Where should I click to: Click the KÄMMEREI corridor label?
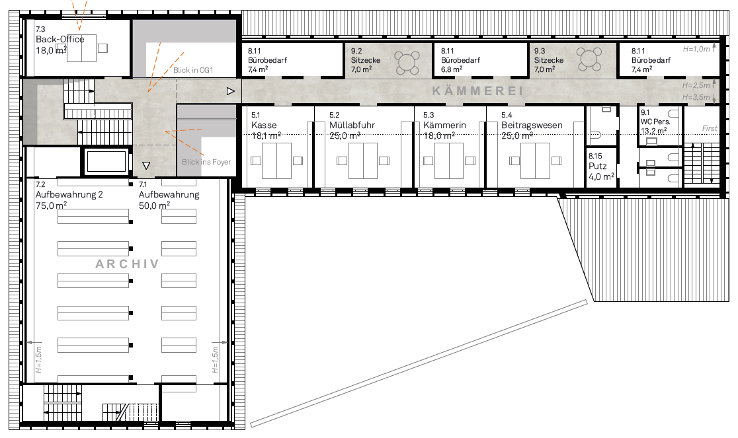pyautogui.click(x=477, y=91)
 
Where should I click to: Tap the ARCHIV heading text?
pyautogui.click(x=127, y=264)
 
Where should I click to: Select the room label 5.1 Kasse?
pyautogui.click(x=264, y=125)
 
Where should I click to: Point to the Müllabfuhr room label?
pyautogui.click(x=352, y=125)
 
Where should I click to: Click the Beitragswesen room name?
pyautogui.click(x=532, y=125)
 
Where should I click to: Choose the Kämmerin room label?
pyautogui.click(x=444, y=125)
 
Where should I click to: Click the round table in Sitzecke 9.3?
pyautogui.click(x=589, y=59)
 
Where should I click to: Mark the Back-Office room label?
pyautogui.click(x=60, y=40)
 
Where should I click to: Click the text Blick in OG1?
pyautogui.click(x=193, y=70)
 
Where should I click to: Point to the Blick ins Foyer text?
pyautogui.click(x=206, y=162)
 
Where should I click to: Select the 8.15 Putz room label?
pyautogui.click(x=601, y=166)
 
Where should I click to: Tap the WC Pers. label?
pyautogui.click(x=655, y=122)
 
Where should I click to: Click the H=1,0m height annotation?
pyautogui.click(x=696, y=49)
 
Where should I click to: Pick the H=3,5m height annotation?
pyautogui.click(x=696, y=97)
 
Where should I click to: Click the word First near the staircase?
pyautogui.click(x=710, y=128)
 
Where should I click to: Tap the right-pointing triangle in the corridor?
pyautogui.click(x=230, y=91)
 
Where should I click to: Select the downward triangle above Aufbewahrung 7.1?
pyautogui.click(x=146, y=165)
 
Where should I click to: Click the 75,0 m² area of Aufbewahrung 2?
pyautogui.click(x=52, y=205)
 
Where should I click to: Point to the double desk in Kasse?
pyautogui.click(x=276, y=161)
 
